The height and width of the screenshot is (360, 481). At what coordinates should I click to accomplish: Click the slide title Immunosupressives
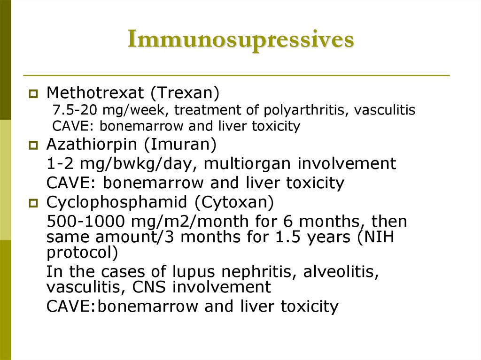click(240, 40)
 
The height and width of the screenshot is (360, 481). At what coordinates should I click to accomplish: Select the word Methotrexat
click(95, 93)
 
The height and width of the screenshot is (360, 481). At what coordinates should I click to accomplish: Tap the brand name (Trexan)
click(185, 93)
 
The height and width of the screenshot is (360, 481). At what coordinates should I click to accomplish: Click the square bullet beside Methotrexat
click(33, 94)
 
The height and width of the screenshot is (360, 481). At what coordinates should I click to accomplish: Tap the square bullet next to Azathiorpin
click(33, 146)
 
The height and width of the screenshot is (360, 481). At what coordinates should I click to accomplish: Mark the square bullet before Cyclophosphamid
click(33, 204)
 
